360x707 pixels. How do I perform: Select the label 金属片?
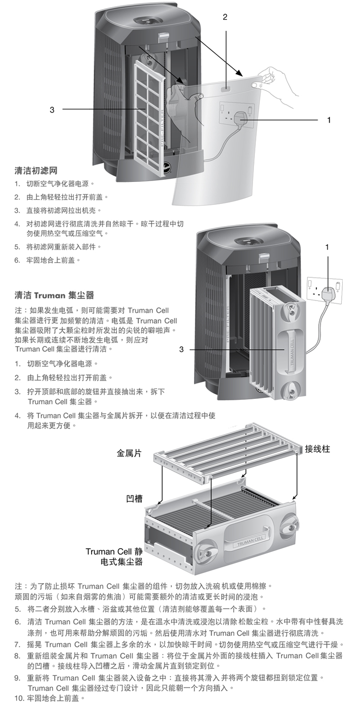[129, 453]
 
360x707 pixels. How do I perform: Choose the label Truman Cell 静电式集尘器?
[115, 556]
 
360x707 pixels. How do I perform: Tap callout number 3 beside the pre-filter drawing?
[52, 109]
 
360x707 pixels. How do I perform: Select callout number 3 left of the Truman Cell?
[181, 349]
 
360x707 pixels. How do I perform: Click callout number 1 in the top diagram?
[329, 120]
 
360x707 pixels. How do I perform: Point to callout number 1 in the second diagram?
[327, 247]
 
